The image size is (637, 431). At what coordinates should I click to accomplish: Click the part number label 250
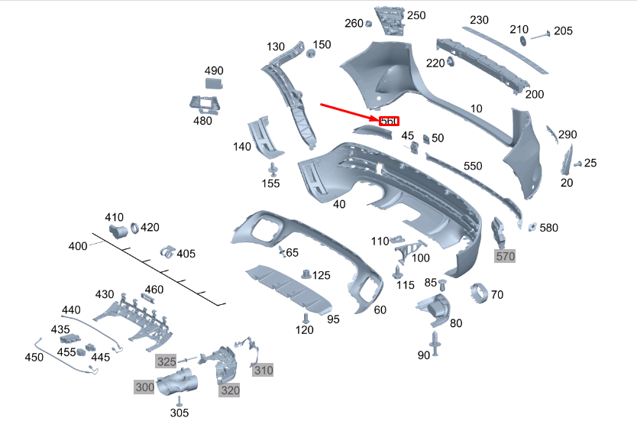416,15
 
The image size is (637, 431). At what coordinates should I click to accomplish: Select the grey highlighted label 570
506,257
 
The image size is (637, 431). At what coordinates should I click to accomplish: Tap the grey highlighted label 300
145,387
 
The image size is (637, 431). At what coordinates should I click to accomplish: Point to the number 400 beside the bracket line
78,246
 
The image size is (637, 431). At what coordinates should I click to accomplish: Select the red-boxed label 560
389,122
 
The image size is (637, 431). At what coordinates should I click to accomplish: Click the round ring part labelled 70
478,293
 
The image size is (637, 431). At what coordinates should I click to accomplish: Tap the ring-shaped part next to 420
134,228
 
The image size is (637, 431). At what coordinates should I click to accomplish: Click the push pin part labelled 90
436,342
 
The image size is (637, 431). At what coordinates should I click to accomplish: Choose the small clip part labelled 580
532,227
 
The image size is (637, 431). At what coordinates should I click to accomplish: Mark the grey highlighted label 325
167,361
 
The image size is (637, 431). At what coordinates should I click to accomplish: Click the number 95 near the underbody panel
333,319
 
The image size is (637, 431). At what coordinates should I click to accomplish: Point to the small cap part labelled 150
311,53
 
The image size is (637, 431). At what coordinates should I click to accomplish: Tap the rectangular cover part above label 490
214,85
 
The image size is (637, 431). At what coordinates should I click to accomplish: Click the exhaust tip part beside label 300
177,381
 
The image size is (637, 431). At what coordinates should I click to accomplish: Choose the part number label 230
479,20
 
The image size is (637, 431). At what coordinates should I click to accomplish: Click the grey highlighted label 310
264,371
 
